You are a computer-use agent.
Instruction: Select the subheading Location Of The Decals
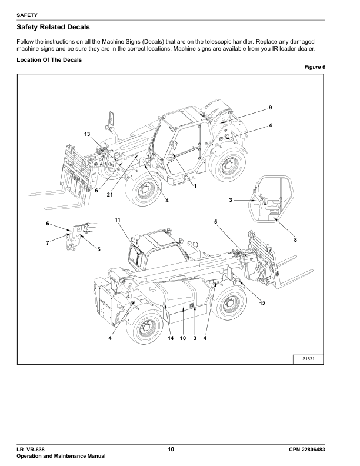(x=49, y=60)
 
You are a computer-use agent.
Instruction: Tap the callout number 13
(x=87, y=135)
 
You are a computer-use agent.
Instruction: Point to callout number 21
(x=110, y=195)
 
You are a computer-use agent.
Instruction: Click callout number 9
(x=270, y=108)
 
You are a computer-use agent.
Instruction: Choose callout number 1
(x=195, y=186)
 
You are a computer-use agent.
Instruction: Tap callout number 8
(x=295, y=240)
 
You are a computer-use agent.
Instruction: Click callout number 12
(x=262, y=303)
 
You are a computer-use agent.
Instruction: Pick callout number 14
(x=170, y=338)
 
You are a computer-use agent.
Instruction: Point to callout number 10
(x=183, y=338)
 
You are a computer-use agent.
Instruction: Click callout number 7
(x=48, y=243)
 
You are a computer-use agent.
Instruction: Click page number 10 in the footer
(x=171, y=450)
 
